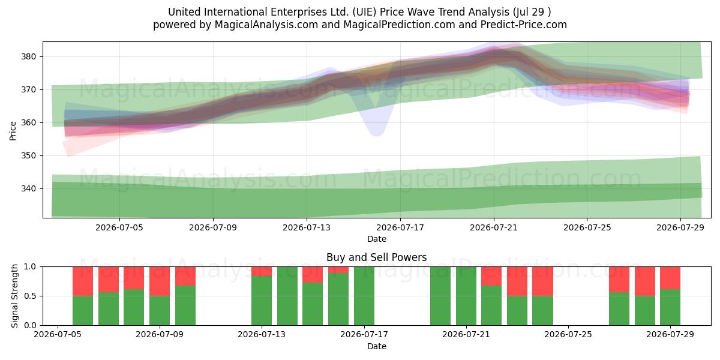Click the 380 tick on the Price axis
[28, 57]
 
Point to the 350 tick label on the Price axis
[28, 156]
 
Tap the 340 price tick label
[28, 188]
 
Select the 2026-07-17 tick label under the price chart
[400, 227]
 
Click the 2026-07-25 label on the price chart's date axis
[587, 227]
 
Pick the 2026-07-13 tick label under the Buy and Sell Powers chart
[262, 335]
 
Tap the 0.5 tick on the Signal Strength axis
[30, 296]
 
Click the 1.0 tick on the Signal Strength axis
[30, 267]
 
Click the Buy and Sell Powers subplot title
[377, 257]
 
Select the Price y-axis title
[13, 131]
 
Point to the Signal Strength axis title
[14, 296]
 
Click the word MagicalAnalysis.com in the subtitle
[266, 25]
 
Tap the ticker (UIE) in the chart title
[364, 12]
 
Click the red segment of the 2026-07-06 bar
[83, 281]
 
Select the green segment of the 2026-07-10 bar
[185, 305]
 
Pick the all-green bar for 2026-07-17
[364, 296]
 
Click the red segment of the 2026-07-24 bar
[542, 281]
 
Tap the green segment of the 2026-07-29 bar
[670, 307]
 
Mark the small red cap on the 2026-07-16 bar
[338, 270]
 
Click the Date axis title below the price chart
[377, 239]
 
